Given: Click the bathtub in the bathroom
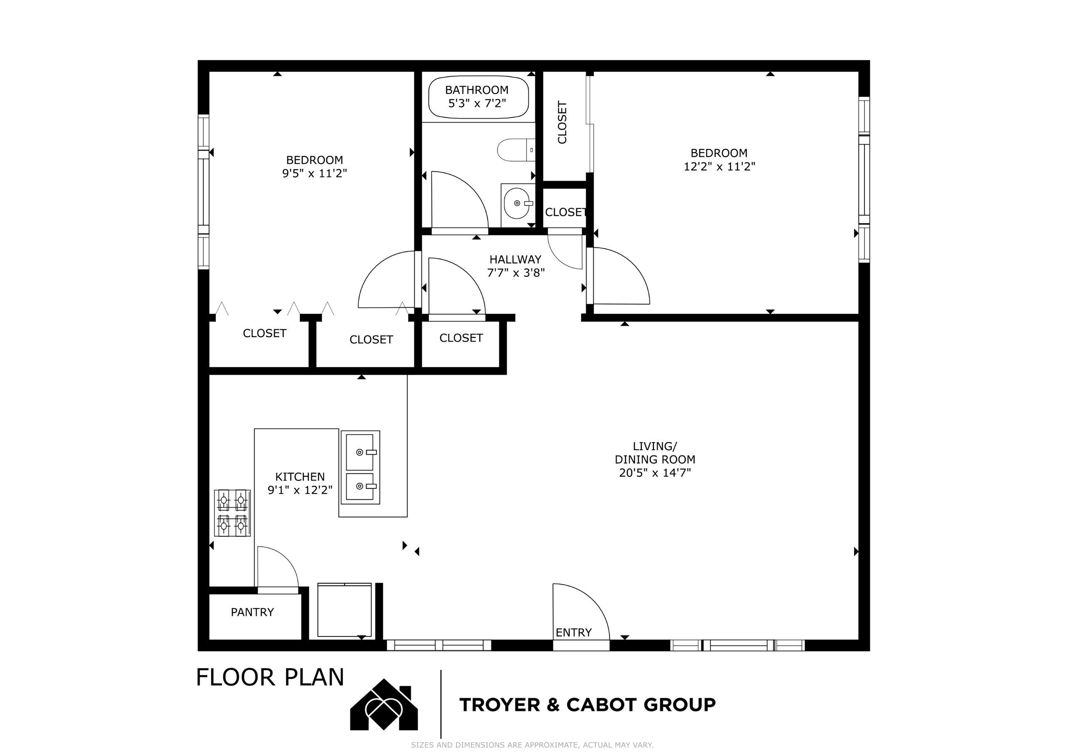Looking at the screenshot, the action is [x=478, y=97].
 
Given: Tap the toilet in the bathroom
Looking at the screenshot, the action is [x=516, y=150].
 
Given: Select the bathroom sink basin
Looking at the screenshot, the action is [x=516, y=203].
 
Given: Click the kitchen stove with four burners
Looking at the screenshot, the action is [x=233, y=513].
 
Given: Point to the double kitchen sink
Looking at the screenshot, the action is [x=360, y=467].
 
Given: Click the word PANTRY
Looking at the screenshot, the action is [x=253, y=612].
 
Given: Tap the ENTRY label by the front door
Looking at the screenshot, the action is [x=574, y=632].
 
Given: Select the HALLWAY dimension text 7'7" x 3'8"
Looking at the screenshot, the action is [x=516, y=272].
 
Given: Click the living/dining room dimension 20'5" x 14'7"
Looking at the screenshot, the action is [x=655, y=473].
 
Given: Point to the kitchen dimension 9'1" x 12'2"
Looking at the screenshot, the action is [x=300, y=490].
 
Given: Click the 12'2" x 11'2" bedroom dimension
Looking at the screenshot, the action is [x=719, y=166].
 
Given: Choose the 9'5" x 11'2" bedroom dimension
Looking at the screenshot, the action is [x=315, y=173].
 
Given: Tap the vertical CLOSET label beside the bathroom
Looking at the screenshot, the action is [x=562, y=122].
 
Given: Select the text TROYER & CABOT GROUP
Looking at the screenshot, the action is [x=588, y=705].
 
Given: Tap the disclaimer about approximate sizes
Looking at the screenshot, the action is [x=532, y=745].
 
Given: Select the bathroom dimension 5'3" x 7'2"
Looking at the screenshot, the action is [x=477, y=103].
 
